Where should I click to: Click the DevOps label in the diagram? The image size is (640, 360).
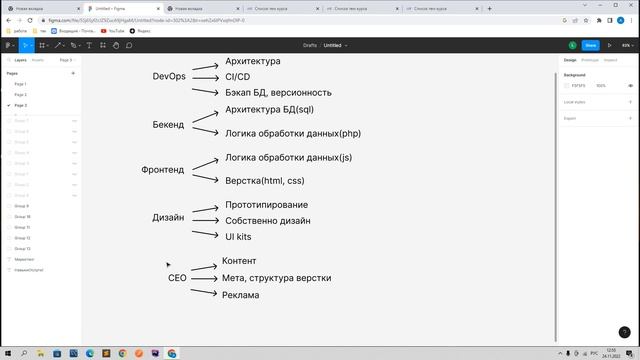(169, 77)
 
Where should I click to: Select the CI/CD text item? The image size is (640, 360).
(237, 76)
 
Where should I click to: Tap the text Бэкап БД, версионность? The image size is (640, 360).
(278, 92)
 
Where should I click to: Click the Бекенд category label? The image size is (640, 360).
(168, 125)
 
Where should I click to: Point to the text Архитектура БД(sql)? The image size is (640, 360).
(269, 109)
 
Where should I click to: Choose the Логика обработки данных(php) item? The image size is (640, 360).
(292, 133)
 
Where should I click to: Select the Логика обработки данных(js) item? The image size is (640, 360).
(288, 157)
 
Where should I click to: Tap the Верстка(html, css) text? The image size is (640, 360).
(264, 181)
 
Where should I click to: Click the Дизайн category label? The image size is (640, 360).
(168, 217)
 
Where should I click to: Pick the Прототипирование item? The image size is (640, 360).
(266, 204)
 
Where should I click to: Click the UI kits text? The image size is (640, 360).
(238, 236)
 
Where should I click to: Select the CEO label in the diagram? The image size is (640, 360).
(177, 278)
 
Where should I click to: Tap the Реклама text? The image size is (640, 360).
(240, 295)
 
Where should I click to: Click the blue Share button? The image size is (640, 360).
(590, 45)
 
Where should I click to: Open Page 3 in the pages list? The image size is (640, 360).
(21, 105)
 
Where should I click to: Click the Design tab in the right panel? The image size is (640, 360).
(570, 60)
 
